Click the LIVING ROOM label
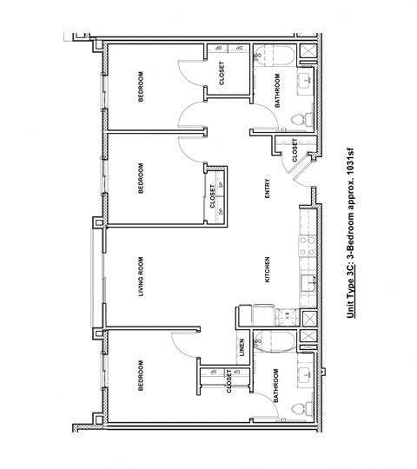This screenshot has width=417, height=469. click(x=141, y=277)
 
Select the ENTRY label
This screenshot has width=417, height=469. click(x=268, y=188)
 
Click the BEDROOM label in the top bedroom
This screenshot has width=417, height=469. click(x=141, y=88)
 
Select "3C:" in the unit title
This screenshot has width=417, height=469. click(x=351, y=280)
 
